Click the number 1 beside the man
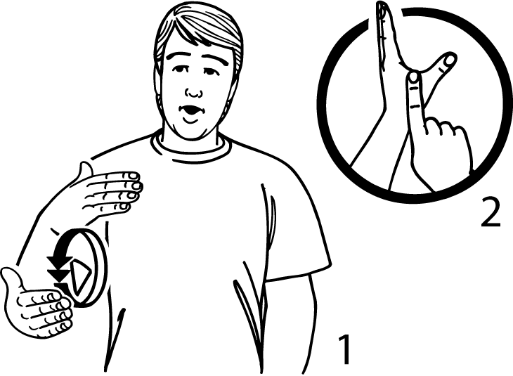click(344, 349)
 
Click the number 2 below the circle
click(491, 212)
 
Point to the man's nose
click(194, 92)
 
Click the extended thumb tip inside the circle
click(450, 60)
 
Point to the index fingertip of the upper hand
click(134, 176)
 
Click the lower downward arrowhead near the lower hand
click(59, 275)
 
